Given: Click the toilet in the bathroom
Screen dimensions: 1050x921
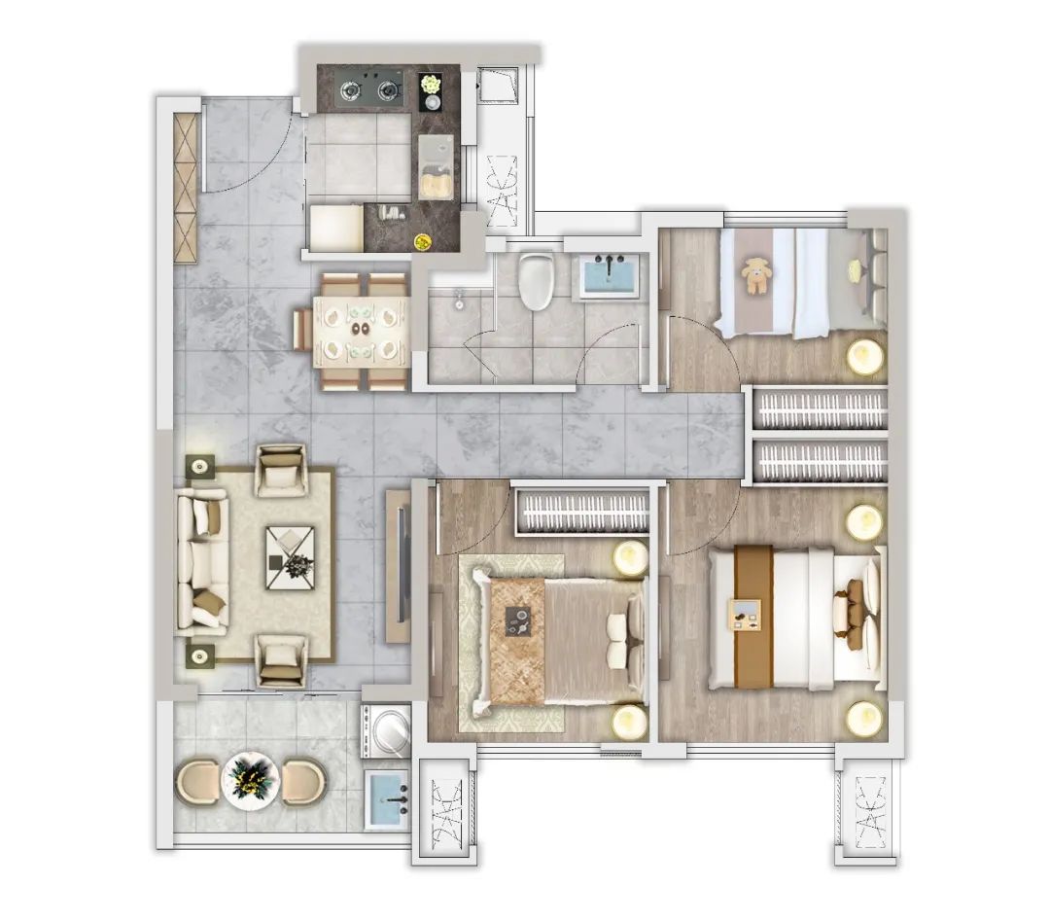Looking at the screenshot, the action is [x=537, y=281].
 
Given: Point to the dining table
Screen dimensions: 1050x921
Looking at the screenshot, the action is [x=361, y=331].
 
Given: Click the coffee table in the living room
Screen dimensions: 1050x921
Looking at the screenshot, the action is [x=290, y=558].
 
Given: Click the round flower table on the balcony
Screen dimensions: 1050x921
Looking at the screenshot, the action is [x=250, y=781].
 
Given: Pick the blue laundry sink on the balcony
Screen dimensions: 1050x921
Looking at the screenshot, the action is [x=386, y=799].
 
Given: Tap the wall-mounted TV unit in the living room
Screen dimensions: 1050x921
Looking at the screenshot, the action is [x=400, y=566].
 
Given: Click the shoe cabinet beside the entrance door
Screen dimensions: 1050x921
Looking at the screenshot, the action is [x=186, y=189].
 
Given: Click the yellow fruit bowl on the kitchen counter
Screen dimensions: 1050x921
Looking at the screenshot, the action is [x=423, y=241].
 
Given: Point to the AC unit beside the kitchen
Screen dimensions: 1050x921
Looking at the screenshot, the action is [x=502, y=191].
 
